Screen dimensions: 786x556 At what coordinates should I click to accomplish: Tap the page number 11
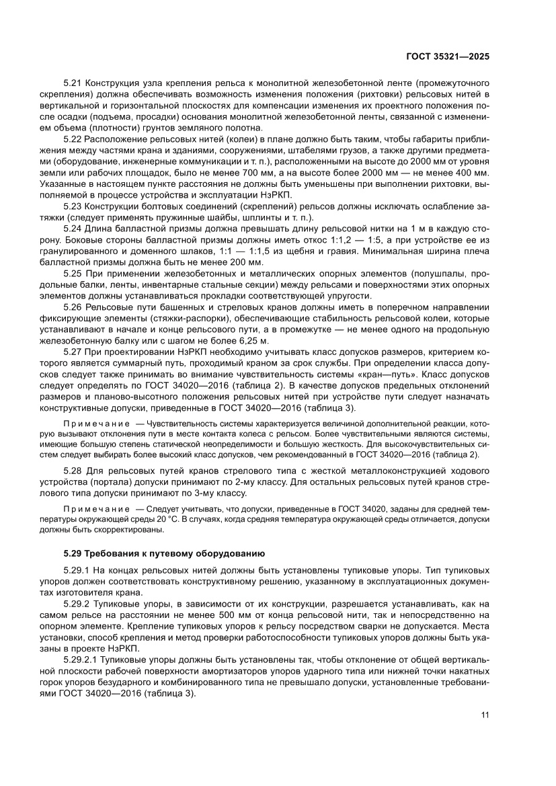tap(484, 715)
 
